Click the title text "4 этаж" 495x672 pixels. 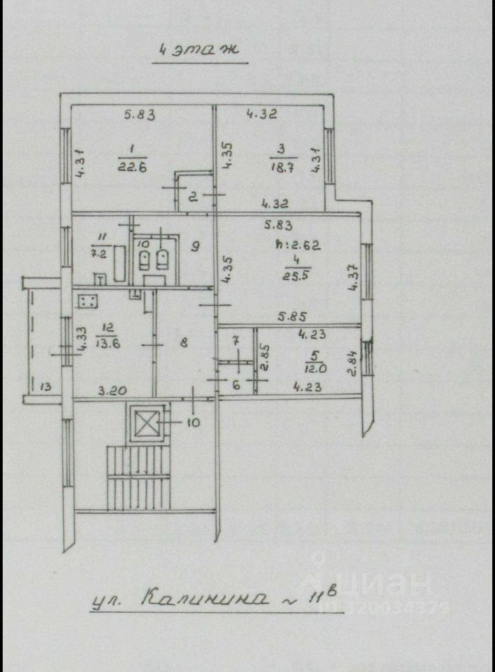(200, 50)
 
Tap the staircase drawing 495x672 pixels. (139, 477)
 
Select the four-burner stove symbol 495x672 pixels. (88, 302)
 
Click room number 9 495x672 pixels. (195, 246)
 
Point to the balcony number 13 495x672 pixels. (45, 386)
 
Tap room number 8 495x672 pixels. (183, 343)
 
